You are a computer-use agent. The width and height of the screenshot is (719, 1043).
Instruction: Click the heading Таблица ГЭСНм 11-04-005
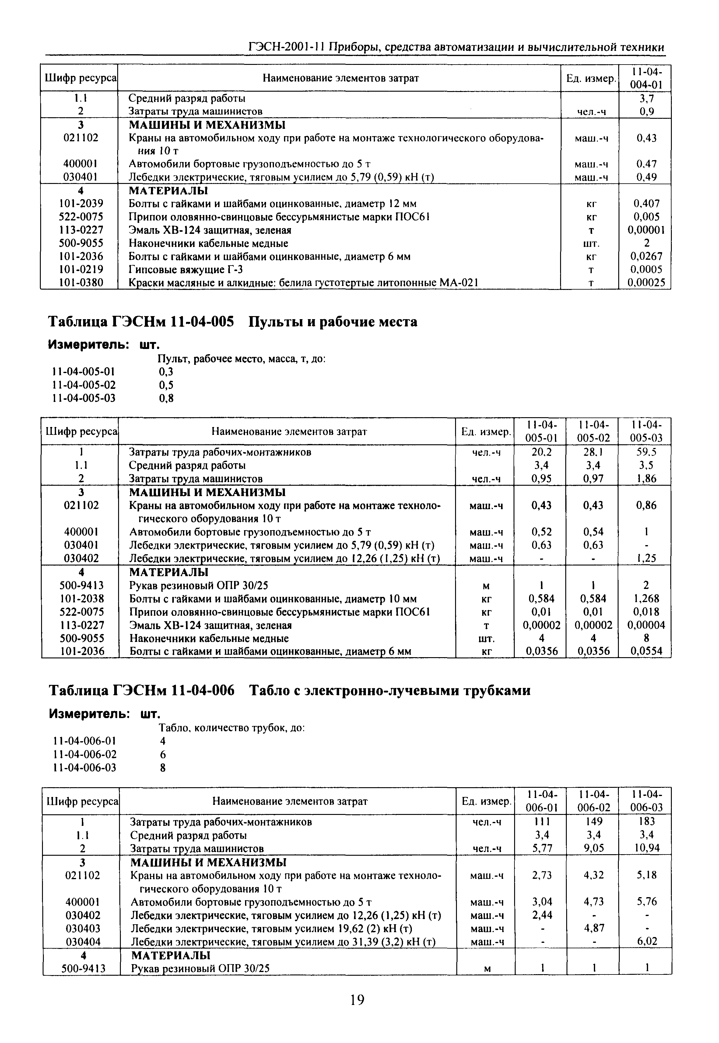(x=141, y=322)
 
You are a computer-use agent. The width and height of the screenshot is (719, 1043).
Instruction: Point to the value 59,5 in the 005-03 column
(x=646, y=452)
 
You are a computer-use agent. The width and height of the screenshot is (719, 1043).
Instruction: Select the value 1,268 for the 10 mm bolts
(x=646, y=599)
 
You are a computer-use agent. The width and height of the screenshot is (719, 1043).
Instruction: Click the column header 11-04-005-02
(x=593, y=431)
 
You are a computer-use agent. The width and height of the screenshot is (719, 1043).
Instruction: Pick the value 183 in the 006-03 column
(x=646, y=821)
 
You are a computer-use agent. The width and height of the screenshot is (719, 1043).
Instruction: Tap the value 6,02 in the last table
(x=646, y=941)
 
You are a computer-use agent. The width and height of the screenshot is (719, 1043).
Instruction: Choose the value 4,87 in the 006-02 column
(x=593, y=928)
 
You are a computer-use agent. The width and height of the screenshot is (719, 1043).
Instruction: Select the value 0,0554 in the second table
(x=646, y=651)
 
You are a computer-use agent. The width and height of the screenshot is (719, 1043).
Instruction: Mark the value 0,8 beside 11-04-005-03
(x=166, y=398)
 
